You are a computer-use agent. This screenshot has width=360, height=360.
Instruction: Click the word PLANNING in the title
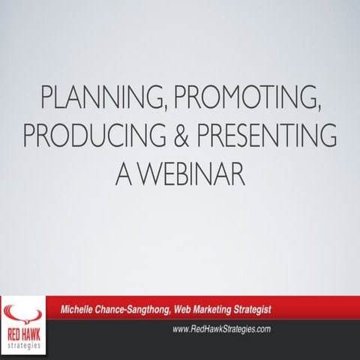(x=88, y=97)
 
